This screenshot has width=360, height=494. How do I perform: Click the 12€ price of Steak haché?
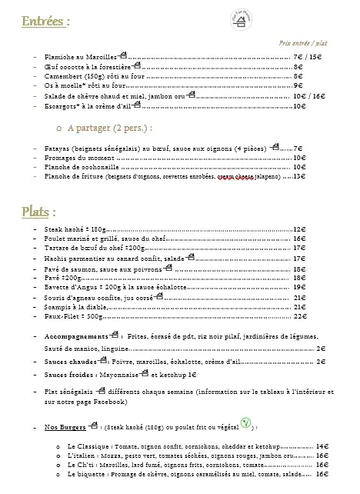coord(300,229)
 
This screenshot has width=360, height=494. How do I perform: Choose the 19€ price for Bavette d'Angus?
coord(300,286)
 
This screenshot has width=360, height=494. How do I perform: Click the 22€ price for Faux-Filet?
coord(300,316)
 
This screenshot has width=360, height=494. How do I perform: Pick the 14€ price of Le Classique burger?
coord(322,446)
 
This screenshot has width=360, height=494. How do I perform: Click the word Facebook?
coord(110,402)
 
